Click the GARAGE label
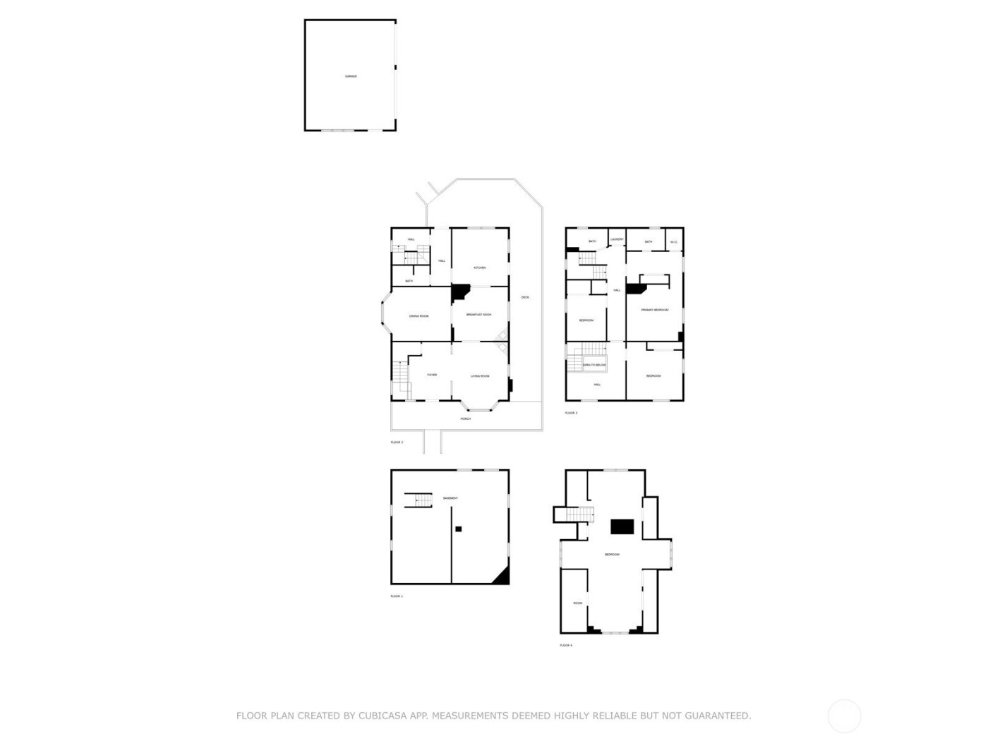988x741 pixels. click(x=351, y=76)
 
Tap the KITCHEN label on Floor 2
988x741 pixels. click(x=480, y=267)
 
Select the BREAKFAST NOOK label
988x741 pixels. click(x=479, y=315)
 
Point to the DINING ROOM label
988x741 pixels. click(x=419, y=316)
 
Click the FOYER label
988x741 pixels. click(x=432, y=375)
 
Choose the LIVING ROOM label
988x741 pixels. click(x=480, y=376)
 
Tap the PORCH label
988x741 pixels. click(x=466, y=418)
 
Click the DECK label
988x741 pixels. click(x=525, y=297)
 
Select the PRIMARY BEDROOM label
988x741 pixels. click(x=655, y=310)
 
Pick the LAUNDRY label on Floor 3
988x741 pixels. click(x=617, y=240)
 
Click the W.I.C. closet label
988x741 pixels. click(x=674, y=242)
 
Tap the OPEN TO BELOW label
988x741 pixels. click(x=594, y=365)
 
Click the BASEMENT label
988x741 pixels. click(x=450, y=498)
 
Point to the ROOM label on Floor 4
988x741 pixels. click(x=578, y=603)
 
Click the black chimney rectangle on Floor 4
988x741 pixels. click(x=622, y=526)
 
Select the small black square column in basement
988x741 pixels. click(x=458, y=529)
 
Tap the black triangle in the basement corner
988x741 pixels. click(x=502, y=577)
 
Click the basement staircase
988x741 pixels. click(x=418, y=500)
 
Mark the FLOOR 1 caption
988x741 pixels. click(x=397, y=596)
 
